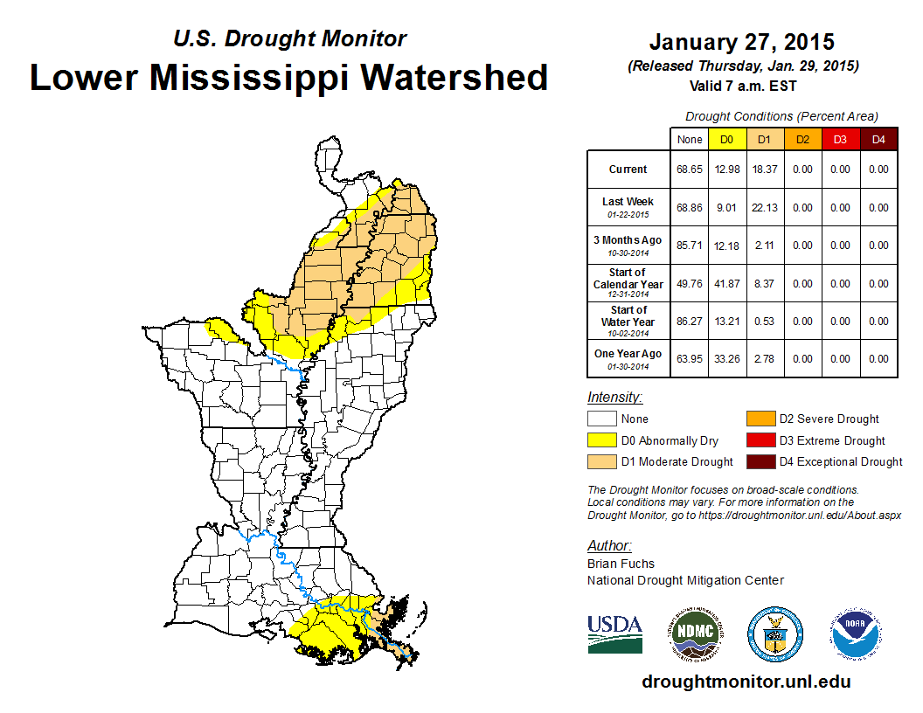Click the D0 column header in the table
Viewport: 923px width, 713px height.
(x=726, y=139)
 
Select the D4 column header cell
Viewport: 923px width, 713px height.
(x=878, y=139)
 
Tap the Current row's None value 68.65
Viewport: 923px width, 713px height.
(x=689, y=170)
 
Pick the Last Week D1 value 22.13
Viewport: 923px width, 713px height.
(x=765, y=208)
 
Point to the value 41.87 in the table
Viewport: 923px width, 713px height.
(x=726, y=284)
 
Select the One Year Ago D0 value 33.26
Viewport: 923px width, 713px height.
(x=726, y=358)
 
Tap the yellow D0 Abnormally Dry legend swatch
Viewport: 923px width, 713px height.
(x=601, y=440)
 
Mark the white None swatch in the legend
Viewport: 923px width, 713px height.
(x=601, y=419)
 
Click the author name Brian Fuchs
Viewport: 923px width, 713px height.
(x=621, y=564)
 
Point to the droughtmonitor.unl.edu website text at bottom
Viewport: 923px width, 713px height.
(x=746, y=682)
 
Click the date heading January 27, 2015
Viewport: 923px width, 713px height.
(x=742, y=42)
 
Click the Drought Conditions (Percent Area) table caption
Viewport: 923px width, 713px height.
(x=781, y=116)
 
